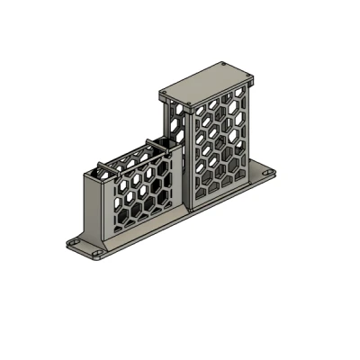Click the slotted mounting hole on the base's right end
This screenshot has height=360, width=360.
point(266,168)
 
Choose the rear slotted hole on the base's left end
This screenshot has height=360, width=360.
point(76,244)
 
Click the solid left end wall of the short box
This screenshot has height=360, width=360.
point(94,207)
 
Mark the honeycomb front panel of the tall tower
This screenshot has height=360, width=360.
point(218,144)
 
